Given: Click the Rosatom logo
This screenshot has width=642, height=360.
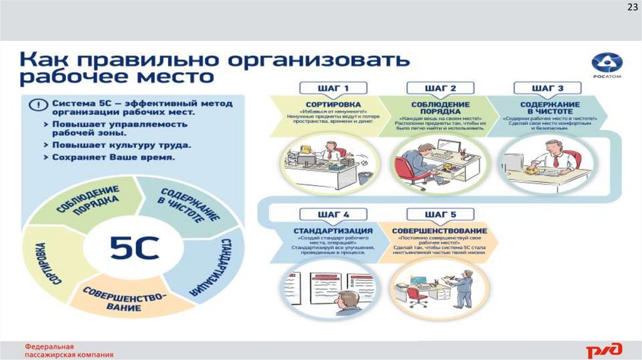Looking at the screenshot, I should pyautogui.click(x=606, y=65).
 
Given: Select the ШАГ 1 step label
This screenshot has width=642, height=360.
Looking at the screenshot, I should pyautogui.click(x=324, y=88).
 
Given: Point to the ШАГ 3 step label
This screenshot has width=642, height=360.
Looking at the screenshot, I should pyautogui.click(x=539, y=88).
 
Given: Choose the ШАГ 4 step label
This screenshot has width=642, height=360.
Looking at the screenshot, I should pyautogui.click(x=324, y=215).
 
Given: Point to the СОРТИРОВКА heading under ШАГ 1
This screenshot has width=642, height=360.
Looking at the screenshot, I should pyautogui.click(x=324, y=104).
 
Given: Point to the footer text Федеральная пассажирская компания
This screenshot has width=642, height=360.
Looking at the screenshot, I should pyautogui.click(x=69, y=350).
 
